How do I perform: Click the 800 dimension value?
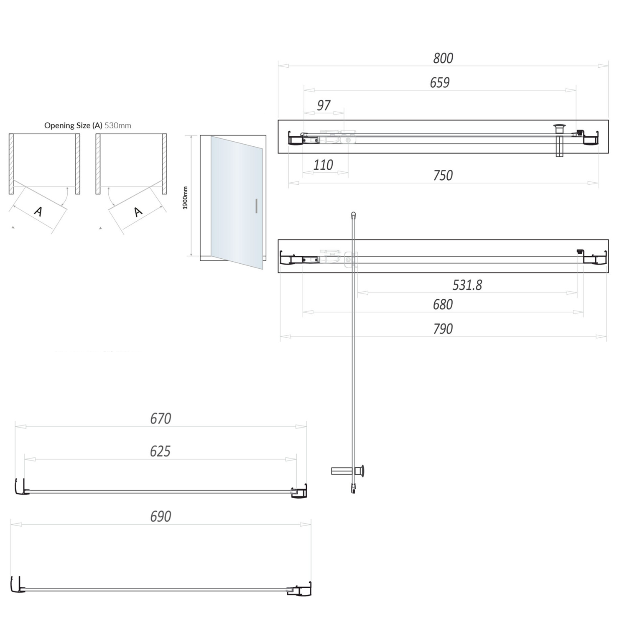(443, 58)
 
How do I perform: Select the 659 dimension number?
(439, 83)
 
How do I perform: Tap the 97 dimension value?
(324, 105)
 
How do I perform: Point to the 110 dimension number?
(323, 165)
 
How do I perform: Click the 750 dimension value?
(443, 176)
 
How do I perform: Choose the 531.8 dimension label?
(467, 285)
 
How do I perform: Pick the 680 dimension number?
(443, 304)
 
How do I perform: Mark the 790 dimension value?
(443, 329)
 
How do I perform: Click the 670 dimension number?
(161, 418)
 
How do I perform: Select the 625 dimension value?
(160, 451)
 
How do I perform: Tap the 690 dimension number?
(161, 517)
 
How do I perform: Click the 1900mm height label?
(185, 198)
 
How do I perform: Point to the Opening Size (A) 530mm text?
(87, 125)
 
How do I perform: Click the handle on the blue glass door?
(256, 206)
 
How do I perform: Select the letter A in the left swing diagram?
(38, 212)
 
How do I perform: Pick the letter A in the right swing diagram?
(138, 212)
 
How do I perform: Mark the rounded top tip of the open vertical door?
(354, 214)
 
